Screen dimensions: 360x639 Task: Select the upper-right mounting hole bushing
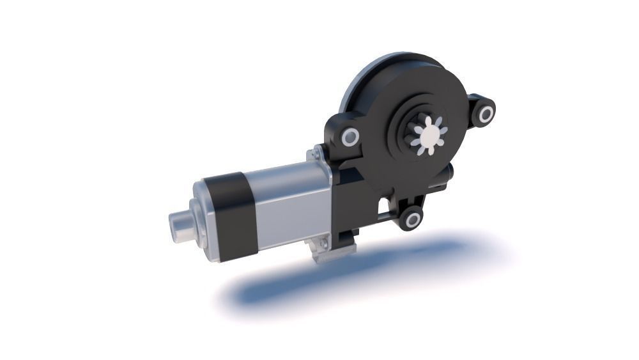(486, 114)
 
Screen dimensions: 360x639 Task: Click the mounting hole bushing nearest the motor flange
(349, 137)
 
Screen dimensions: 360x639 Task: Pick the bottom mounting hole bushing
(413, 221)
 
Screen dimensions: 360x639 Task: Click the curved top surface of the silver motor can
(281, 176)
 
